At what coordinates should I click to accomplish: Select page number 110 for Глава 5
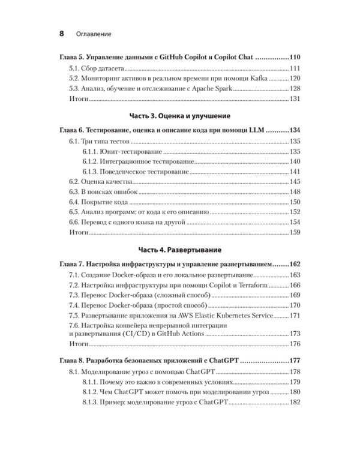click(298, 57)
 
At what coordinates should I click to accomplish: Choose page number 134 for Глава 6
click(298, 129)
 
